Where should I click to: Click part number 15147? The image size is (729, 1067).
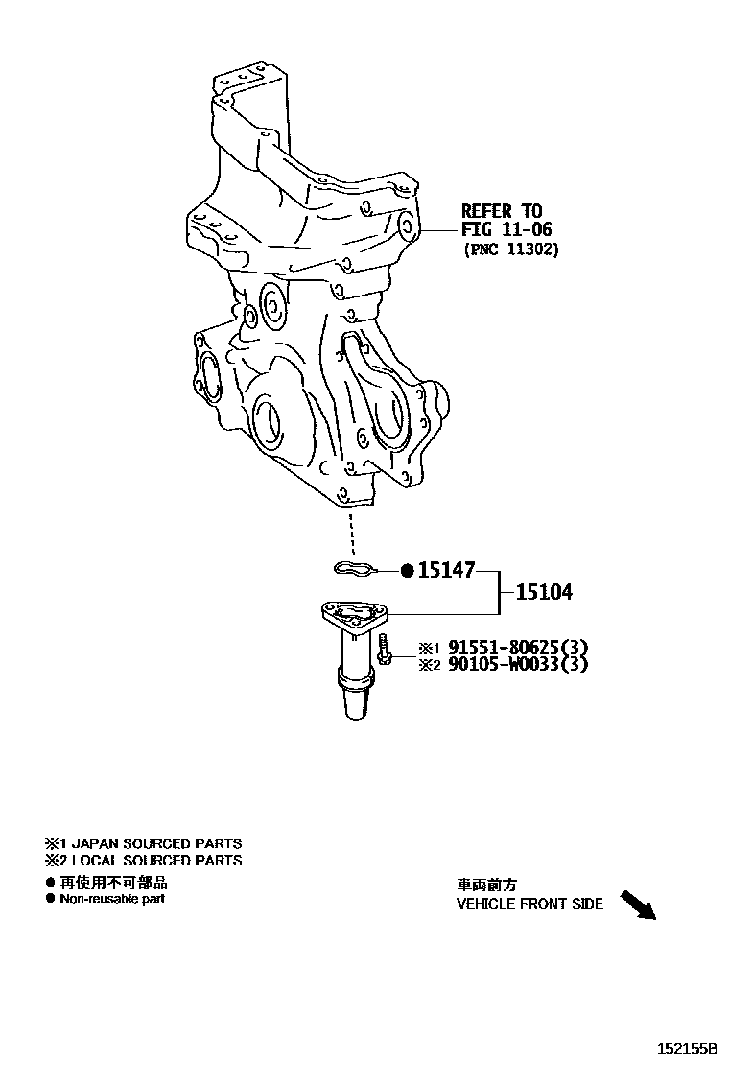[446, 571]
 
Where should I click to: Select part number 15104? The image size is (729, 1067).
[544, 593]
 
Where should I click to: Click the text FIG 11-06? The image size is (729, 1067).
[506, 230]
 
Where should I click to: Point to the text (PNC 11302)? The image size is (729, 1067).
[510, 249]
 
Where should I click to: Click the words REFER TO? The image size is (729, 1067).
[502, 211]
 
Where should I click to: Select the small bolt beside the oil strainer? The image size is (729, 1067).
[384, 650]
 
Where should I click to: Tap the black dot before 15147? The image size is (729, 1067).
[407, 571]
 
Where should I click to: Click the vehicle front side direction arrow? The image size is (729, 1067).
[638, 905]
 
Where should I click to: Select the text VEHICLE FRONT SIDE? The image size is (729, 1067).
[529, 904]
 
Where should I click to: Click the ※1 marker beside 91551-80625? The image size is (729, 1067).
[427, 648]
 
